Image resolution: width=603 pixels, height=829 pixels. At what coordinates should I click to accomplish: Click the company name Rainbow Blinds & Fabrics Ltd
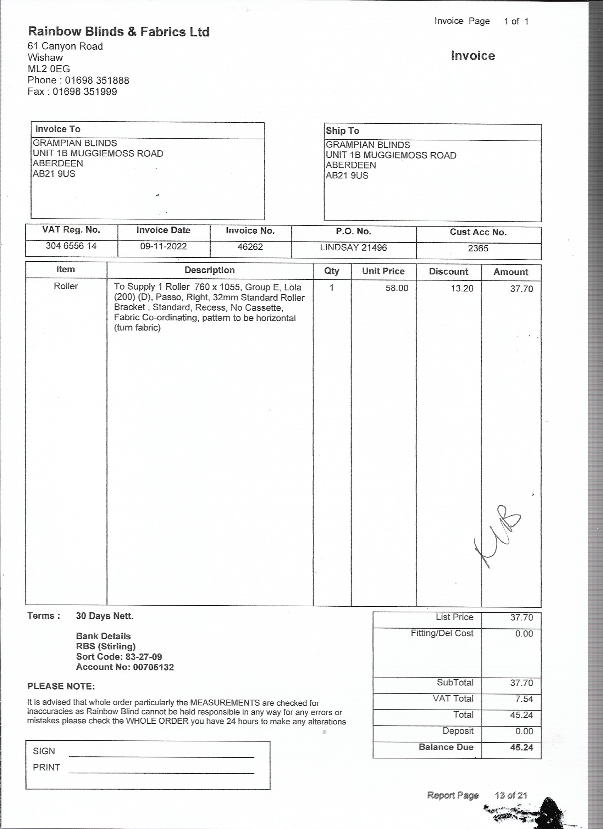tap(118, 32)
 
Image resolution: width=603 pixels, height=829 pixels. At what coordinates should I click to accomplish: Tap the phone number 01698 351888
tap(97, 80)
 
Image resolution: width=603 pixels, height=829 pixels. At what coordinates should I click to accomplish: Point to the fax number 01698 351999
tap(85, 91)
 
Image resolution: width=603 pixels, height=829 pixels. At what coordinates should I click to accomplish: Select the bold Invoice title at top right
tap(472, 56)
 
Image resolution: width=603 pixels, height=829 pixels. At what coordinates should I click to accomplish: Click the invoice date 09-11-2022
tap(164, 246)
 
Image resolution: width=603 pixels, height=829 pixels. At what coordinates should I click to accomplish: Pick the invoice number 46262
tap(250, 247)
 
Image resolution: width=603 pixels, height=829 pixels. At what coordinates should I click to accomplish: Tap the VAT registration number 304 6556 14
tap(71, 246)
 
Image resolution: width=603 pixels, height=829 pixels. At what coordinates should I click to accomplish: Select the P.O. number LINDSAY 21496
tap(353, 247)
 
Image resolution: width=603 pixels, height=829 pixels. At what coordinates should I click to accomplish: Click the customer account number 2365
tap(478, 248)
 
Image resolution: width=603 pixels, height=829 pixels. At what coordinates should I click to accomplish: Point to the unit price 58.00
tap(397, 288)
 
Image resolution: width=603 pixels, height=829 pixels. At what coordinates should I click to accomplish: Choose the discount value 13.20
tap(462, 288)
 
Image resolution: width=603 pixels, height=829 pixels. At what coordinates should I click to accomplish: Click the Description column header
tap(210, 270)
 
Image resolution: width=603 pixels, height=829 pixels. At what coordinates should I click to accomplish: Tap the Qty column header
tap(332, 271)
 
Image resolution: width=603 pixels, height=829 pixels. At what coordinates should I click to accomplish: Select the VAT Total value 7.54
tap(524, 699)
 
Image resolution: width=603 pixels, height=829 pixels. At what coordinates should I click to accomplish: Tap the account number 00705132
tap(153, 667)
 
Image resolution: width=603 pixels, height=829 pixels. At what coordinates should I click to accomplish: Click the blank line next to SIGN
tap(161, 756)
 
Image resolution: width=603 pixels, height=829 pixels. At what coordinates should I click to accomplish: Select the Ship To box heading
tap(342, 130)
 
